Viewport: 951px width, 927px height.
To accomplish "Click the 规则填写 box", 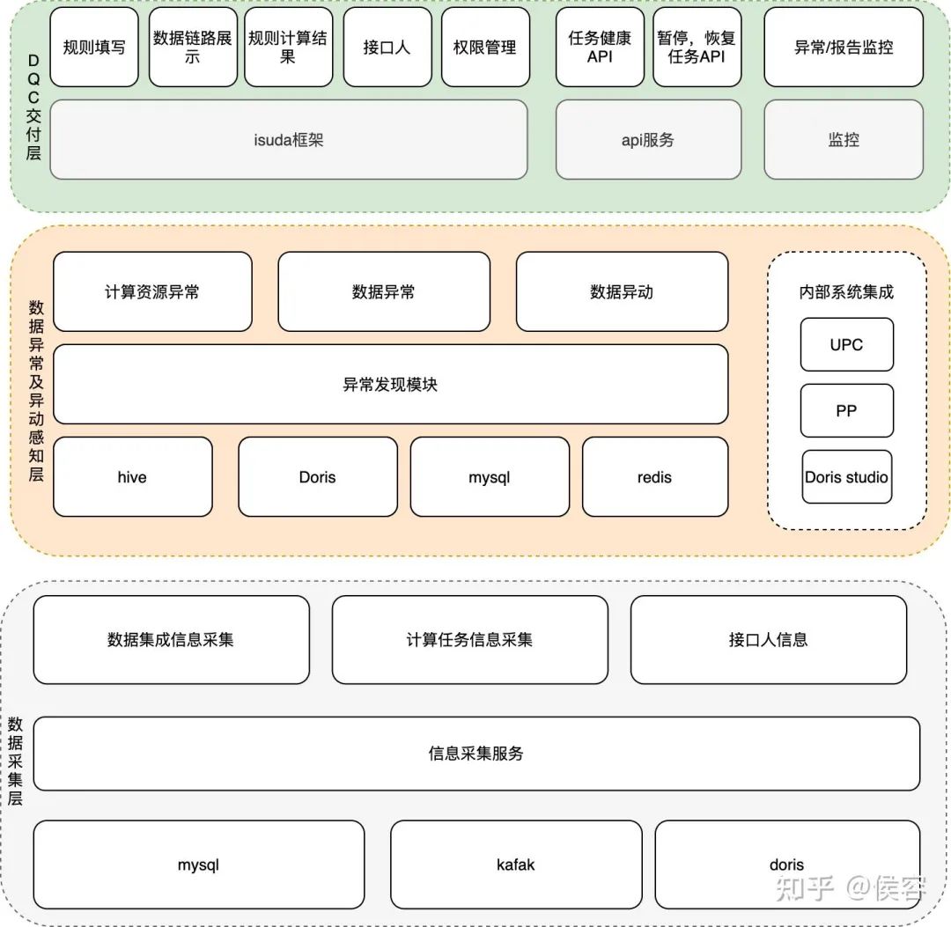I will click(x=94, y=48).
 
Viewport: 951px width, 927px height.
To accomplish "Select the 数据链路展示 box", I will click(x=192, y=48).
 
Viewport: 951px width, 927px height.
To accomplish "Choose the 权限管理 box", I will click(x=484, y=48).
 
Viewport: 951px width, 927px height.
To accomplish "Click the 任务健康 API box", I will click(x=600, y=48).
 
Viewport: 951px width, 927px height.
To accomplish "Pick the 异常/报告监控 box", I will click(x=844, y=48).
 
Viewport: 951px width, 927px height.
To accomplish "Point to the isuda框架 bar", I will click(x=289, y=140).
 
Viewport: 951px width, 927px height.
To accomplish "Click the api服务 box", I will click(x=648, y=140).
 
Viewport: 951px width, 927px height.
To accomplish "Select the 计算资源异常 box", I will click(x=152, y=291).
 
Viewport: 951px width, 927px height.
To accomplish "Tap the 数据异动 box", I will click(x=622, y=291).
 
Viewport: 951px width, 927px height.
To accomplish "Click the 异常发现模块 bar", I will click(x=390, y=384).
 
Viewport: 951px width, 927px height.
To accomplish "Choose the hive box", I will click(x=132, y=477).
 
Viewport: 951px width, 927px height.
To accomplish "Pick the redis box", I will click(x=654, y=477).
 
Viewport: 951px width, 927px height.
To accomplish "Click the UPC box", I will click(x=846, y=344).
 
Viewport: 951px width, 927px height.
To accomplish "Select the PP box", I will click(x=846, y=410).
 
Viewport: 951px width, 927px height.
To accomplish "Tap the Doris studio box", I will click(x=846, y=477).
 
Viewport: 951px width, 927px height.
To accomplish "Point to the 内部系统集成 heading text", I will click(x=846, y=292).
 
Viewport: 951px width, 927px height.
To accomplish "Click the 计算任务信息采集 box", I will click(x=469, y=640).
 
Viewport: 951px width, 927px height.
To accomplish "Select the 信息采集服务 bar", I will click(x=476, y=754).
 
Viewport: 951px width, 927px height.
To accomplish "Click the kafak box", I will click(x=516, y=864).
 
